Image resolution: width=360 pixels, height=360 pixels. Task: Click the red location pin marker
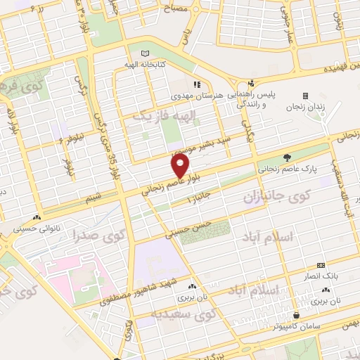[181, 166]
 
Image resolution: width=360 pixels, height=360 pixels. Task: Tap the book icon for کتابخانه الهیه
[146, 53]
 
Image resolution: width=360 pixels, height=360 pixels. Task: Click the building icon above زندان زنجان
[305, 96]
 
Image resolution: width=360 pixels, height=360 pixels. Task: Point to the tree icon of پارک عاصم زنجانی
[285, 157]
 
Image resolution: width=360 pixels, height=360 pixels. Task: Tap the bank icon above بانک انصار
[321, 266]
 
